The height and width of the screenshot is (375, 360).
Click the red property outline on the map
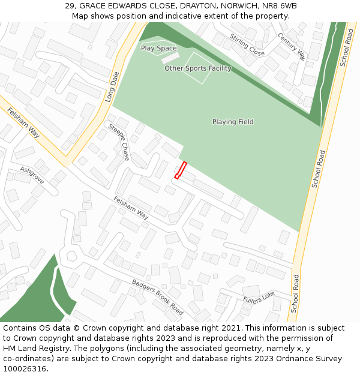click(x=181, y=170)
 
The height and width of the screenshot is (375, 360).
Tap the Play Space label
click(x=158, y=48)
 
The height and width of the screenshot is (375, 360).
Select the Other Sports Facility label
click(x=197, y=68)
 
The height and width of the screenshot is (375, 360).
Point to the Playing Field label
click(x=233, y=122)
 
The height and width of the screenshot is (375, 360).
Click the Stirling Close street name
click(x=247, y=45)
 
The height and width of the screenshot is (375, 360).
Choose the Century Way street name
click(x=292, y=46)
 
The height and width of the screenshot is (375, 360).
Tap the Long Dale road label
click(x=113, y=86)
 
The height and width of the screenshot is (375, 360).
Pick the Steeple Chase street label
click(x=118, y=142)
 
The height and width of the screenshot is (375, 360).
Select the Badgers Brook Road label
click(x=158, y=297)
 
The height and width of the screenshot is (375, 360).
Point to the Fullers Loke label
click(x=259, y=296)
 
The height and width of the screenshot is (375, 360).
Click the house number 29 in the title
click(x=70, y=6)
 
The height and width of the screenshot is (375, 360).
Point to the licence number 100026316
click(x=26, y=369)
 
